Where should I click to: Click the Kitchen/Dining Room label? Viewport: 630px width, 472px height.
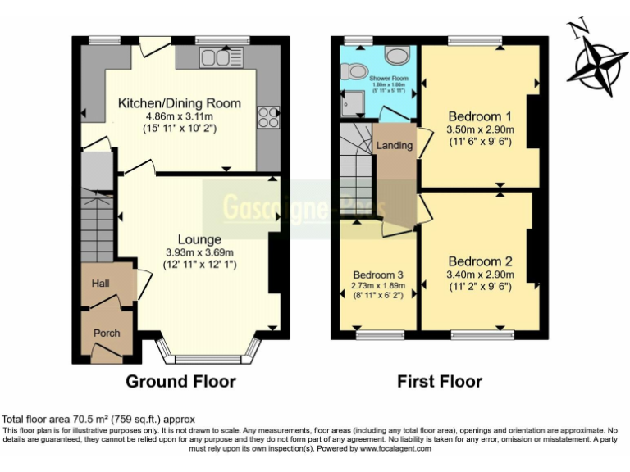tap(180, 103)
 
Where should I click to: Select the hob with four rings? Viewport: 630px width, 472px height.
tap(268, 117)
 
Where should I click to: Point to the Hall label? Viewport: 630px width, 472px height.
tap(101, 284)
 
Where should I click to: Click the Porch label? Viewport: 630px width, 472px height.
tap(107, 333)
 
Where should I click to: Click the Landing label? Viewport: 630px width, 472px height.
tap(394, 146)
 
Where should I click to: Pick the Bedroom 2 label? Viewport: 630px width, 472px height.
tap(480, 261)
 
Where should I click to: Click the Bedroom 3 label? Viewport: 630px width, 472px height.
tap(378, 275)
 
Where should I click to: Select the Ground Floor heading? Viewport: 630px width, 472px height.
tap(180, 381)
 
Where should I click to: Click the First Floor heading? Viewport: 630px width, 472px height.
tap(440, 381)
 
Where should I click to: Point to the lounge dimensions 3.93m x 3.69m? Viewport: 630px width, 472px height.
tap(200, 252)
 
